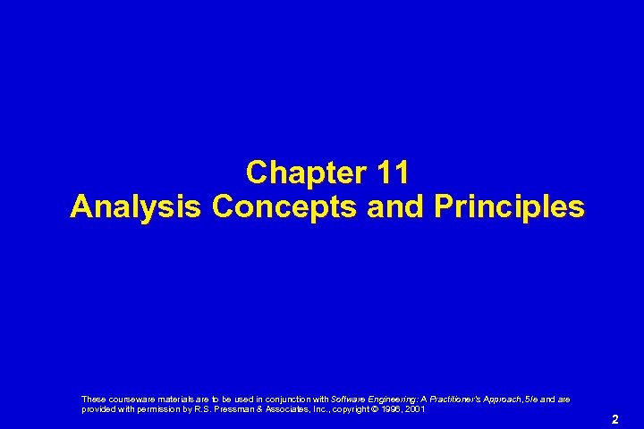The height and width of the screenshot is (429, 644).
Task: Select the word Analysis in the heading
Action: pos(137,207)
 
